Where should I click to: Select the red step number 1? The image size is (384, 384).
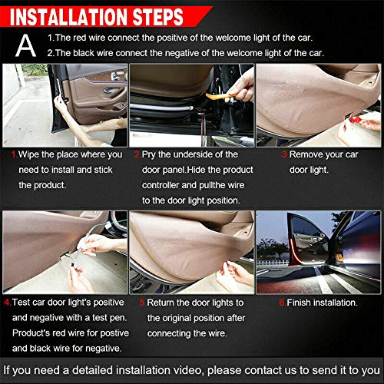click(x=14, y=154)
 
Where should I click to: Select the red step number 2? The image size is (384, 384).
click(x=137, y=154)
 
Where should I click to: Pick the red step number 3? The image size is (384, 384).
click(x=284, y=154)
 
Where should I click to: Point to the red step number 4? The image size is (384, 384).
click(x=7, y=303)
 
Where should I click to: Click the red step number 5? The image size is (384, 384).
click(x=142, y=303)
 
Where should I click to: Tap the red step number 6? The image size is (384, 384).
click(x=281, y=303)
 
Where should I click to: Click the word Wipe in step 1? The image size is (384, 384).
click(x=31, y=154)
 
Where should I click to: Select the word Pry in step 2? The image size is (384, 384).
click(x=151, y=154)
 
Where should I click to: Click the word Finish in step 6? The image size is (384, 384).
click(x=301, y=303)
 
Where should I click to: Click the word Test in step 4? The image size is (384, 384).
click(x=22, y=303)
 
